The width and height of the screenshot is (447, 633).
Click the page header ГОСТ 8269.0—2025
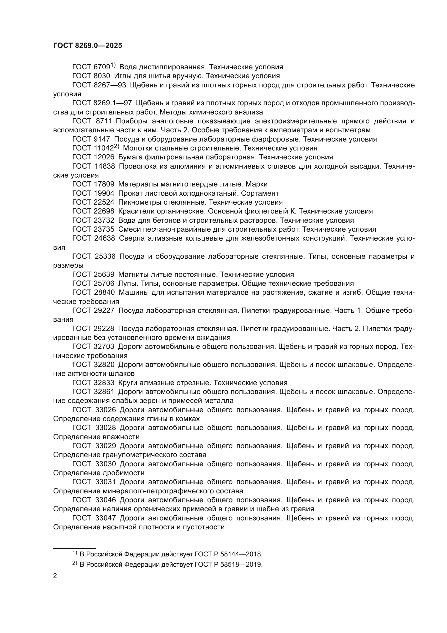click(88, 46)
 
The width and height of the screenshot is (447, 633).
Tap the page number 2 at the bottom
click(55, 576)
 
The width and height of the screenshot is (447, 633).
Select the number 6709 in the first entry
click(102, 67)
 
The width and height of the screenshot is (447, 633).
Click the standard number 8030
click(102, 76)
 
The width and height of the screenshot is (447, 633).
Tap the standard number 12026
click(104, 158)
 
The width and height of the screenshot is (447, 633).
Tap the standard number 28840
click(104, 293)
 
